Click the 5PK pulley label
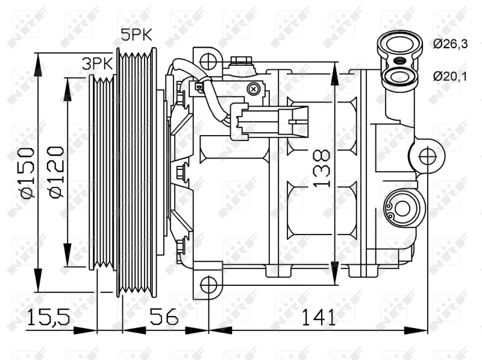pos(136,35)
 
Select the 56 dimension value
pos(164,315)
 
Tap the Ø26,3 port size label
pos(449,43)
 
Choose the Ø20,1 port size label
pos(449,75)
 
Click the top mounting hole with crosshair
pos(208,60)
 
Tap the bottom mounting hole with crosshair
pos(208,284)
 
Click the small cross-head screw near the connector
pos(255,89)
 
